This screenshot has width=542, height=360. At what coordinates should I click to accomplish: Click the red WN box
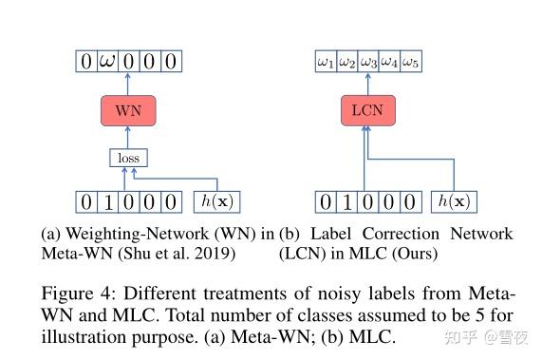128,111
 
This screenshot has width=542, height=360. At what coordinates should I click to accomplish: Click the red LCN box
366,111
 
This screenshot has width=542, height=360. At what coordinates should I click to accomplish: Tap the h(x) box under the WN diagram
216,201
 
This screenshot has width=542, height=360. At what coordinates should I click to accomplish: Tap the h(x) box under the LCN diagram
454,201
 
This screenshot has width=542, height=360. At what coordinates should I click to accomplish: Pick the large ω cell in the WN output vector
107,63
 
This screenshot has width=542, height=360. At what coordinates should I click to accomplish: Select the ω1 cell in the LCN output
326,63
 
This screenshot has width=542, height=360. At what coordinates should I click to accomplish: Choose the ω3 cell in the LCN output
368,63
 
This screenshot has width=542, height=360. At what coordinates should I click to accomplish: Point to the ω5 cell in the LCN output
410,63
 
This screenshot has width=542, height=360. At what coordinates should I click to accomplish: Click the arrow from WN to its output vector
128,84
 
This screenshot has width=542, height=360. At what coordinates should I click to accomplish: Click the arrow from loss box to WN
128,139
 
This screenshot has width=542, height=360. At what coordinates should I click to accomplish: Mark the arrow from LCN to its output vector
366,84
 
